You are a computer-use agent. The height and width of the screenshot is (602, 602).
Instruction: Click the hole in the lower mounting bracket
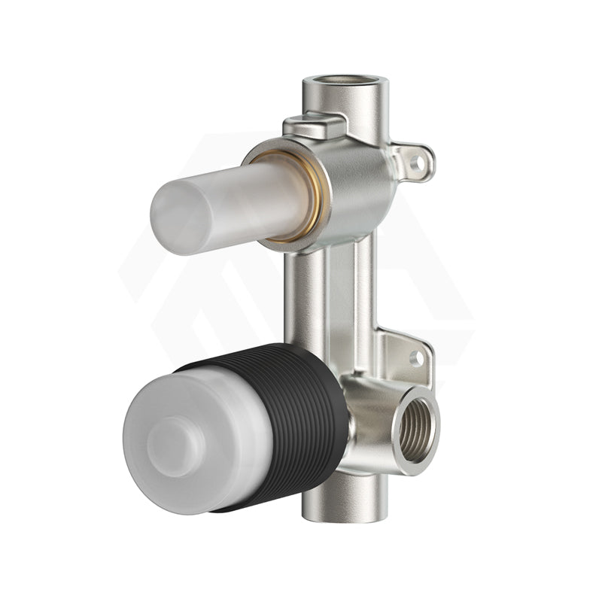416,357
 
